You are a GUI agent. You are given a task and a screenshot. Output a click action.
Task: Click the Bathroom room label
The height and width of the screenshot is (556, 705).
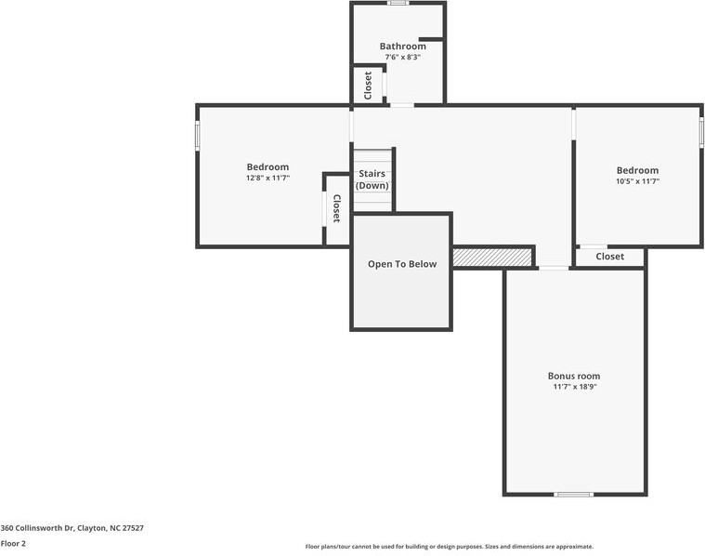pyautogui.click(x=402, y=46)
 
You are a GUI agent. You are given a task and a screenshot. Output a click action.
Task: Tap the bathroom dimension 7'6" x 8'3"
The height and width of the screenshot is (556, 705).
pyautogui.click(x=402, y=58)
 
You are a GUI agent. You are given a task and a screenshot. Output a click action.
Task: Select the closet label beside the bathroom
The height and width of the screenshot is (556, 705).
pyautogui.click(x=368, y=85)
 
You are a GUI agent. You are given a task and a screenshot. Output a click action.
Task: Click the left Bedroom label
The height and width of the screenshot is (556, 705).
pyautogui.click(x=268, y=167)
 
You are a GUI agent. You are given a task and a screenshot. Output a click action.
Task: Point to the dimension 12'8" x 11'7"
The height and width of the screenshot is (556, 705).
pyautogui.click(x=268, y=178)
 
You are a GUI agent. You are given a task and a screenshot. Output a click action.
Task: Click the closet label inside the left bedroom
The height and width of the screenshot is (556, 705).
pyautogui.click(x=336, y=208)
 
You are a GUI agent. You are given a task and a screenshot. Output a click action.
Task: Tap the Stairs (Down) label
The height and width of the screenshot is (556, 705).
pyautogui.click(x=372, y=179)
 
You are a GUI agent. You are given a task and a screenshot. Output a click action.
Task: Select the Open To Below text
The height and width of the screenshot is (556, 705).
pyautogui.click(x=401, y=264)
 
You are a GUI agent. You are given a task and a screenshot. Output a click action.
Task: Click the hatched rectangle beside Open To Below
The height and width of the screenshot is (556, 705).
pyautogui.click(x=492, y=257)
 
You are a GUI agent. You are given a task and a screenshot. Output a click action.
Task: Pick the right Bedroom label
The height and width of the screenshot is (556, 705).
pyautogui.click(x=637, y=170)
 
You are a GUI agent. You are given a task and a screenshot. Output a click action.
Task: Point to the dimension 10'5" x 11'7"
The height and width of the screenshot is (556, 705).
pyautogui.click(x=637, y=181)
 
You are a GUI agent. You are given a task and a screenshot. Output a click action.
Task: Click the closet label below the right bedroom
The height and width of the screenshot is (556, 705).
pyautogui.click(x=609, y=257)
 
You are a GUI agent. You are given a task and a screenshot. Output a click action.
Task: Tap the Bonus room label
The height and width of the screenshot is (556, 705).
pyautogui.click(x=573, y=376)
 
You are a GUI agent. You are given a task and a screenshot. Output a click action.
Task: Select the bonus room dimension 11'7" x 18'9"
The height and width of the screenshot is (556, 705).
pyautogui.click(x=573, y=387)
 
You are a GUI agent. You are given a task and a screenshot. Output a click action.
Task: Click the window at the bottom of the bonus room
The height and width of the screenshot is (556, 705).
pyautogui.click(x=573, y=494)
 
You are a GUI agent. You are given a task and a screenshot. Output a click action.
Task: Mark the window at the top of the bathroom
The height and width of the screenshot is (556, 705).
pyautogui.click(x=398, y=3)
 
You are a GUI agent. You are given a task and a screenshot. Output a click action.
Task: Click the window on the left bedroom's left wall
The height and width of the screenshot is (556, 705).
pyautogui.click(x=197, y=136)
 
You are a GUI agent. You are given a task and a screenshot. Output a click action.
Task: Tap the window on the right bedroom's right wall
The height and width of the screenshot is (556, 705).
pyautogui.click(x=701, y=132)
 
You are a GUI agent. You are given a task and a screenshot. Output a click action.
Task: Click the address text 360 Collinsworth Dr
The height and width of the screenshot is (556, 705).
pyautogui.click(x=72, y=528)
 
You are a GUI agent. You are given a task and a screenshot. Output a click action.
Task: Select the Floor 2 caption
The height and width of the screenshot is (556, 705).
pyautogui.click(x=13, y=544)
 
